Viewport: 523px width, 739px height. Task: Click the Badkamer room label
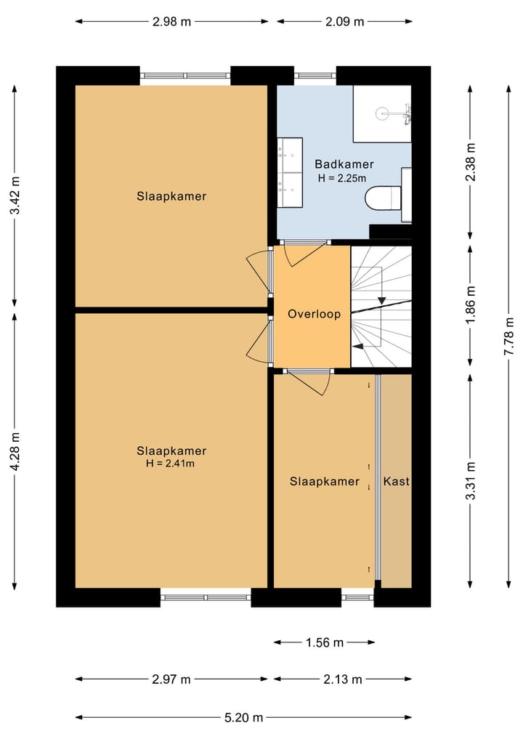[344, 164]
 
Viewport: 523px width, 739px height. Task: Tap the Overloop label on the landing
[314, 315]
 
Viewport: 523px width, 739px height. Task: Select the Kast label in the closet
[397, 481]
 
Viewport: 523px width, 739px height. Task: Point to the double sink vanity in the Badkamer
[289, 173]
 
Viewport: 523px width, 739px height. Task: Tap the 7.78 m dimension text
[509, 334]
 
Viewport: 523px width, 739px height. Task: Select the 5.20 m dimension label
[243, 717]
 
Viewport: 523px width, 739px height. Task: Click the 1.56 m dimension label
[324, 642]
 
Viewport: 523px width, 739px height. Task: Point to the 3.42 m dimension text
[15, 196]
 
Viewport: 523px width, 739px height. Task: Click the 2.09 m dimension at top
[344, 21]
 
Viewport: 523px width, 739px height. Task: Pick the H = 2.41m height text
[171, 463]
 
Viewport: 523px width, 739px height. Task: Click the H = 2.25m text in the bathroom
[341, 177]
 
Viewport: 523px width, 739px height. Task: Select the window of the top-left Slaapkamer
[185, 75]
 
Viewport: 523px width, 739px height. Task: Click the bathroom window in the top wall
[315, 75]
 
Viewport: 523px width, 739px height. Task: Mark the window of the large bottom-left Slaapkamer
[206, 597]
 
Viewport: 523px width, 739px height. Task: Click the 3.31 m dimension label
[470, 481]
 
